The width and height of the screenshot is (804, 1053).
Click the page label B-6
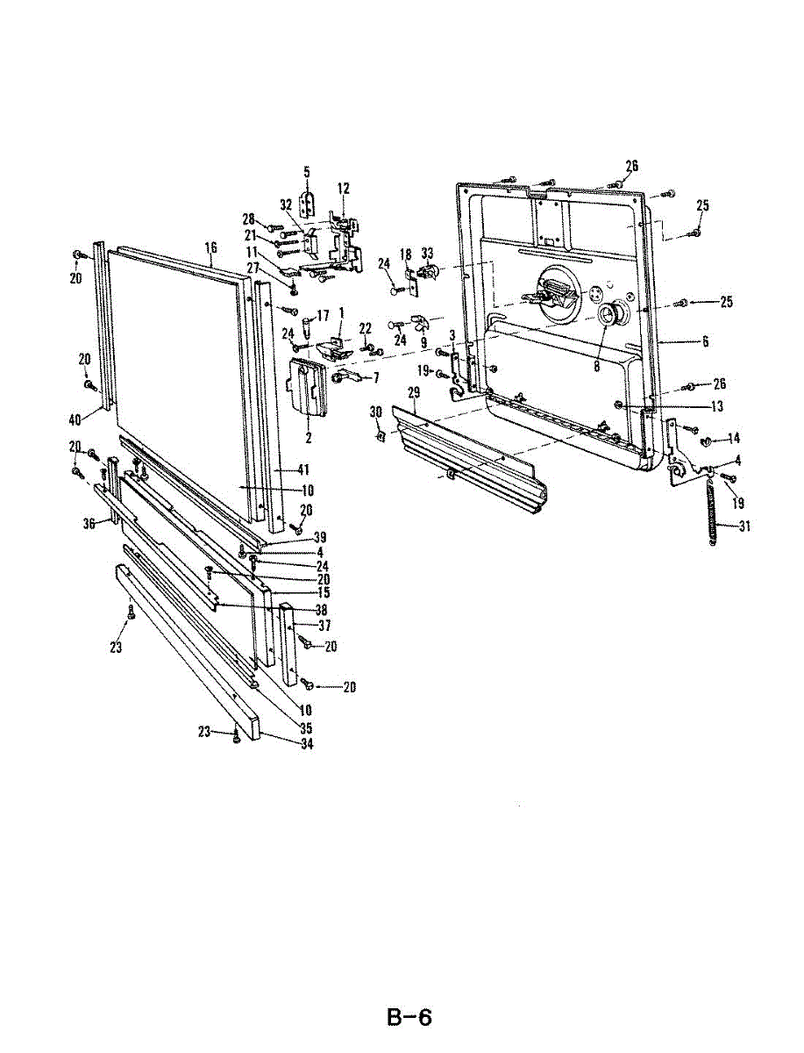(409, 1018)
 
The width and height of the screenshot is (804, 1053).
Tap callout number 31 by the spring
(721, 526)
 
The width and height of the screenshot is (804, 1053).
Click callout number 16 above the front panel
(210, 248)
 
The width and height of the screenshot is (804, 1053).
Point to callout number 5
(308, 171)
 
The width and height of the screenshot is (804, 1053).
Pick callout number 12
(344, 188)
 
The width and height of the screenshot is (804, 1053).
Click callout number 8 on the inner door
(596, 367)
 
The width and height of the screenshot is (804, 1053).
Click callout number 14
(734, 437)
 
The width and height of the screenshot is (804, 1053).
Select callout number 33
(428, 254)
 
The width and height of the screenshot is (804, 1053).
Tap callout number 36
(89, 524)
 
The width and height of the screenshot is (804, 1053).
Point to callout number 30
(376, 412)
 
